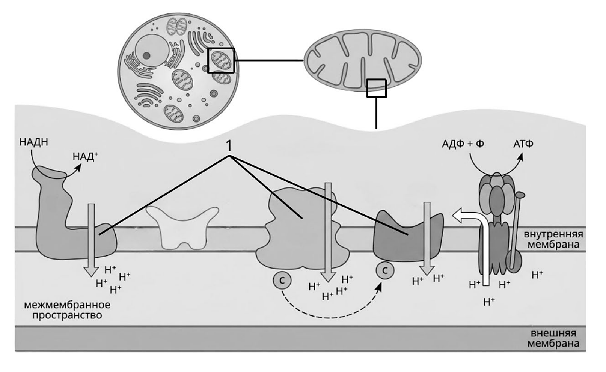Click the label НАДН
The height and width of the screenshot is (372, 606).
pyautogui.click(x=33, y=142)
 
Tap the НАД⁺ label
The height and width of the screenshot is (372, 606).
pyautogui.click(x=85, y=157)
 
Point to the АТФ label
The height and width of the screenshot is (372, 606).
pyautogui.click(x=523, y=144)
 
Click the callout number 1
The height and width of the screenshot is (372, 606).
pyautogui.click(x=229, y=146)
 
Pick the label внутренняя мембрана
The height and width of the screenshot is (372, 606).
pyautogui.click(x=553, y=239)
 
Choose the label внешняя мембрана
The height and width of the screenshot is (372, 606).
pyautogui.click(x=553, y=338)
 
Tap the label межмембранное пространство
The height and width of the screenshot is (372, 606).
pyautogui.click(x=67, y=310)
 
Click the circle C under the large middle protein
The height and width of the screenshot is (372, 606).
pyautogui.click(x=282, y=280)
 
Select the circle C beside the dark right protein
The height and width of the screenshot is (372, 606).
pyautogui.click(x=385, y=270)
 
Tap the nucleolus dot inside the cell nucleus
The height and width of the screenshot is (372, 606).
pyautogui.click(x=147, y=55)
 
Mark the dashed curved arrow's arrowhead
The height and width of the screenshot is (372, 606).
pyautogui.click(x=379, y=288)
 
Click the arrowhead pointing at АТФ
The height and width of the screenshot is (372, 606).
pyautogui.click(x=520, y=157)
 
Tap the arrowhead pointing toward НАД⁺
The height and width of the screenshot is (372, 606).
pyautogui.click(x=78, y=168)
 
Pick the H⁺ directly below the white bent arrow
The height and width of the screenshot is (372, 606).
pyautogui.click(x=489, y=301)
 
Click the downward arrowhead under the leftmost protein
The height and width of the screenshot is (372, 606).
pyautogui.click(x=92, y=271)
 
